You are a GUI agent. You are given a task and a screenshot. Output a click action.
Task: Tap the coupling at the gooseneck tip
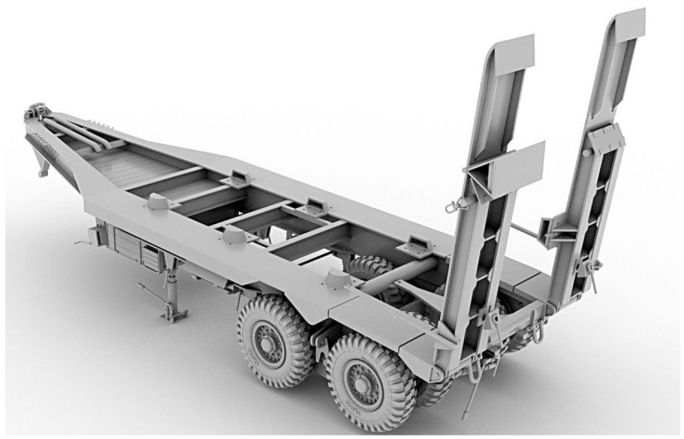tap(36, 111)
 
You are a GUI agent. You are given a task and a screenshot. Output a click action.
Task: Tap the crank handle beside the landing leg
tap(82, 241)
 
